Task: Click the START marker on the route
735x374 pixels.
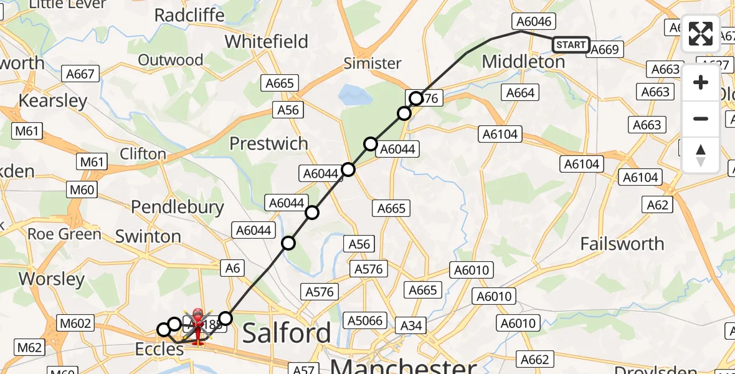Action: pos(571,44)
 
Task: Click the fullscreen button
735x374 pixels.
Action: pos(701,34)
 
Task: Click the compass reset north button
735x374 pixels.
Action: pos(701,155)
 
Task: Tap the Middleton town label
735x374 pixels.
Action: pos(523,62)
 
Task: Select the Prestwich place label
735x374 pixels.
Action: pos(268,144)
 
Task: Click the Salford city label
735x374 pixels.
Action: pos(286,333)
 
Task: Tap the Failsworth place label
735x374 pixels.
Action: pos(622,244)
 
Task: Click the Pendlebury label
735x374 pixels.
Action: pos(178,207)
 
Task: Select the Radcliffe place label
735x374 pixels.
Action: pos(189,16)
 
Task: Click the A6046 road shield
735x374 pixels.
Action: pos(534,22)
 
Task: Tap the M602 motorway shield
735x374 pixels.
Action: pos(75,323)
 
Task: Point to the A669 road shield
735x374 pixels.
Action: pos(604,49)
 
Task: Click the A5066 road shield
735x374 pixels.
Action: pos(365,321)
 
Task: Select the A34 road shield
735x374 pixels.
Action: pos(412,325)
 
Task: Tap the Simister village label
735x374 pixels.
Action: pos(372,63)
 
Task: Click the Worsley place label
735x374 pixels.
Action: pos(52,279)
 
